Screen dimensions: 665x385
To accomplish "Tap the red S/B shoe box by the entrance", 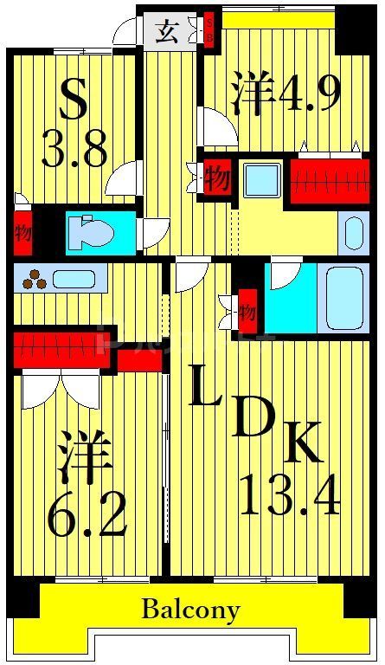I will pos(209,31).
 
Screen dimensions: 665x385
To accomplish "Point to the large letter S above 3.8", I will pos(73,101).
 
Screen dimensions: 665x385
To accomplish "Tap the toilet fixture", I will pos(95,233).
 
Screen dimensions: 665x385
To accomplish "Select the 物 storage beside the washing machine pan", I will pos(216,178).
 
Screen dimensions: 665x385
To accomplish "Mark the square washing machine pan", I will pos(259,181).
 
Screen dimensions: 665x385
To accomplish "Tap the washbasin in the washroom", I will pos(354,230).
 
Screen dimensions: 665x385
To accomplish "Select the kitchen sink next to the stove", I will pos(74,279).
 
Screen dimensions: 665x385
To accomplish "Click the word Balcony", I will pos(190,610).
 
